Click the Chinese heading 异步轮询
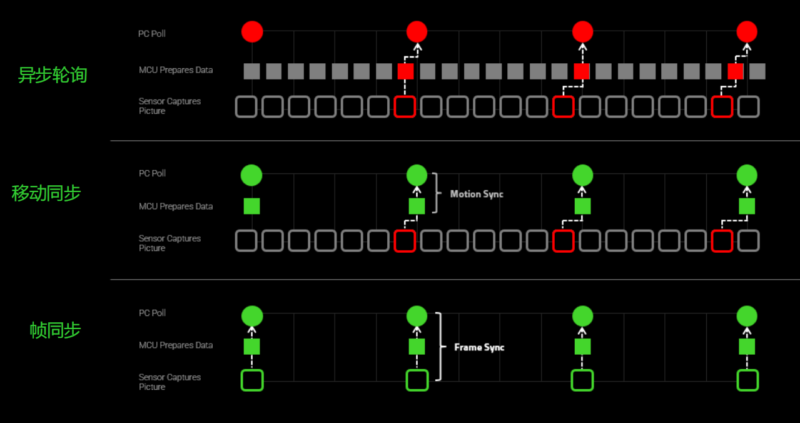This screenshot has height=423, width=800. pos(53,75)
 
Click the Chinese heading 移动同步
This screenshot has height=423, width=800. pos(46,193)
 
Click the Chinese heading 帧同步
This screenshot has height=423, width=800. pos(55,330)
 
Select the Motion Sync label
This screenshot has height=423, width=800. pos(477,194)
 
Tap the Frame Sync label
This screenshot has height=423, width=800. pos(479,347)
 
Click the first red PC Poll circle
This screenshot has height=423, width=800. pos(252,32)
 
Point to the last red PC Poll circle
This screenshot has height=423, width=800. pos(747,32)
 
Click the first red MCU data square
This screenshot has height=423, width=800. pos(405,71)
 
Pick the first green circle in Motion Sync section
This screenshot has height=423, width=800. pos(251,175)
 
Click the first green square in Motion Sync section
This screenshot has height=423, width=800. pos(251,206)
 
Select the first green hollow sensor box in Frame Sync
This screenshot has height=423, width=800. pos(252,380)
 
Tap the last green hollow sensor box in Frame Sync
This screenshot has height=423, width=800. pos(747,380)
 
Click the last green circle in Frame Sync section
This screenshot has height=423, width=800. pos(747,316)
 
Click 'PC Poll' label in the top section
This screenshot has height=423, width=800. pos(152,34)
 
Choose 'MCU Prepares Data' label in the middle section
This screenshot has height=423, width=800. pos(176,206)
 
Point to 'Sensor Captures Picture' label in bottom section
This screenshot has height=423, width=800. pos(170,382)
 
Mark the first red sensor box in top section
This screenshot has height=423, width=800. pos(405,107)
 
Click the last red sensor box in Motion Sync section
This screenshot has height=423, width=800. pos(722,241)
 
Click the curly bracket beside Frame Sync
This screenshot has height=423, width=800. pos(440,347)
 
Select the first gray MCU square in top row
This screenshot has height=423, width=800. pos(251,71)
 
